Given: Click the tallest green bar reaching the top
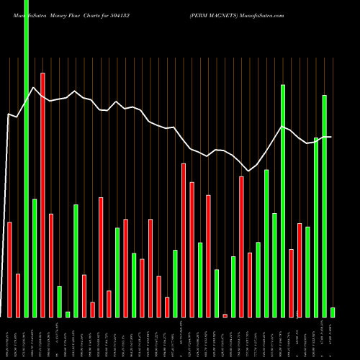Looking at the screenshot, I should [26, 158].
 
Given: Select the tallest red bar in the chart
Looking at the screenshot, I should [42, 194].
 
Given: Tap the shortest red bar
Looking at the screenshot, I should [225, 315].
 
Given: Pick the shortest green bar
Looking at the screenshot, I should [68, 314].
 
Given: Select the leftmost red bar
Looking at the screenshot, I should [9, 269].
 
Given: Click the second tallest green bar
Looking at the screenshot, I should [283, 201].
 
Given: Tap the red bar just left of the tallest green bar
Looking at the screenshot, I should [18, 295].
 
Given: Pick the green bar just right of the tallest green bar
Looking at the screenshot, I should [35, 258].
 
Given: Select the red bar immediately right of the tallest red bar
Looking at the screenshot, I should [51, 265].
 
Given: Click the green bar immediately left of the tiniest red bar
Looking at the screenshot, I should [217, 293].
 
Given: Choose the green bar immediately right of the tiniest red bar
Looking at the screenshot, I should [233, 287].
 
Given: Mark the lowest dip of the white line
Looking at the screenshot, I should [249, 171].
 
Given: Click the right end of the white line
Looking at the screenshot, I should [331, 137].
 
